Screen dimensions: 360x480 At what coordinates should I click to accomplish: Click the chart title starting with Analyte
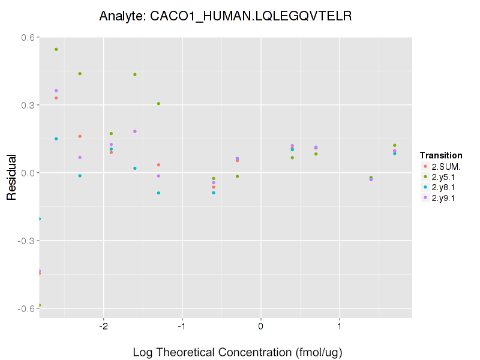(x=225, y=16)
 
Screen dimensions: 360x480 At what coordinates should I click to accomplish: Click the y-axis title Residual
(x=11, y=177)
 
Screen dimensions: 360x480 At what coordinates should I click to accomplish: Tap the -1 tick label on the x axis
(x=181, y=326)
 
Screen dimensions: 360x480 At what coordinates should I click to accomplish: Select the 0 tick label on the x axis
(x=261, y=326)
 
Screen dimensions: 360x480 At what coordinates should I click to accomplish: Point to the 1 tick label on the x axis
(x=340, y=326)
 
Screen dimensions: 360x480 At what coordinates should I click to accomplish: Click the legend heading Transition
(x=441, y=155)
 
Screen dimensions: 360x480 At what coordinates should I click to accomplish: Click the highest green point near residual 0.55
(x=56, y=49)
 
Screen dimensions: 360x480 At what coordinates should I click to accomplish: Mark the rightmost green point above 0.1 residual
(x=395, y=145)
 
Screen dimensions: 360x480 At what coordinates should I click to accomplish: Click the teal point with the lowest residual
(x=40, y=219)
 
